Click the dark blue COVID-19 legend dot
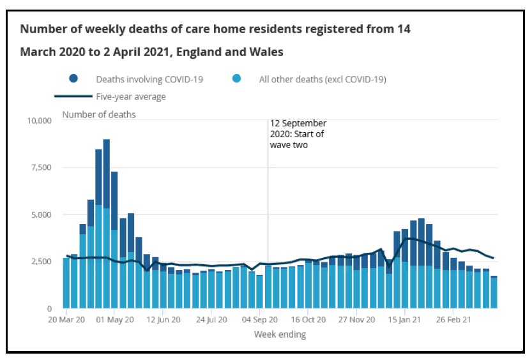click(73, 79)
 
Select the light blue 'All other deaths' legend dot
click(237, 79)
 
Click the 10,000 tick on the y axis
click(40, 121)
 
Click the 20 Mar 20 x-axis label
click(66, 319)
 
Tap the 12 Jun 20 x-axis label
click(163, 319)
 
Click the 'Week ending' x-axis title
click(280, 334)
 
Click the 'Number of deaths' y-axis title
click(99, 115)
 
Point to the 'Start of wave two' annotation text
click(298, 134)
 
